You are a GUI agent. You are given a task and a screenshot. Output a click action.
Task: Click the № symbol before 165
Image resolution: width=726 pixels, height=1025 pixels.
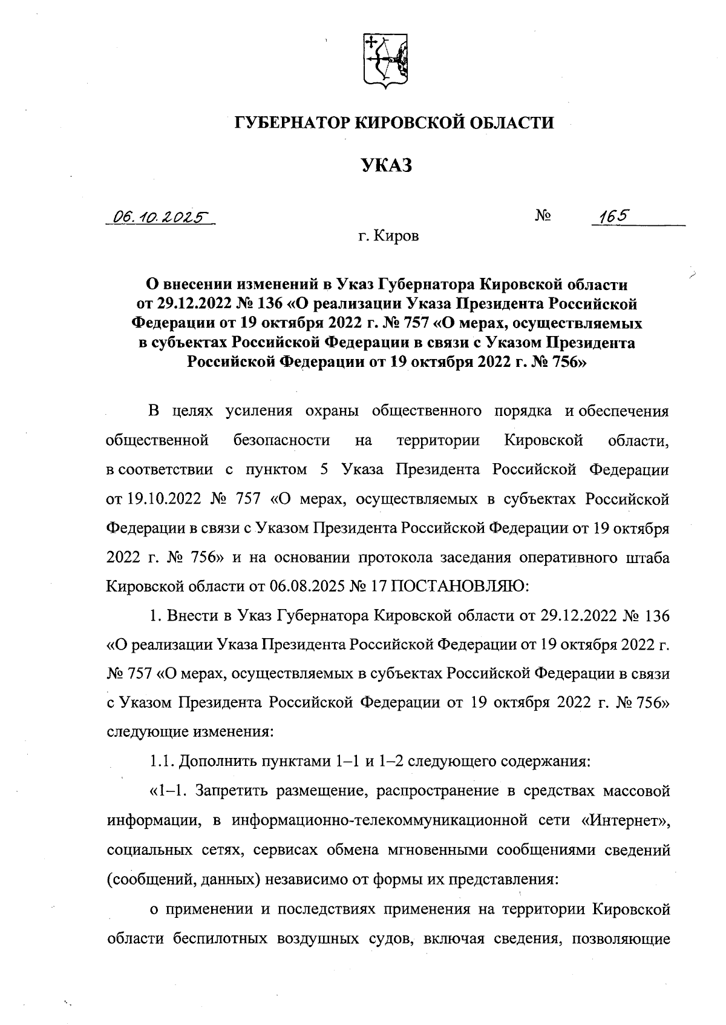(x=543, y=216)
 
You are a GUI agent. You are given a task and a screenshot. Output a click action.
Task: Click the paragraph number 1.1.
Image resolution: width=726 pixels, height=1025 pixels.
(x=161, y=762)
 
